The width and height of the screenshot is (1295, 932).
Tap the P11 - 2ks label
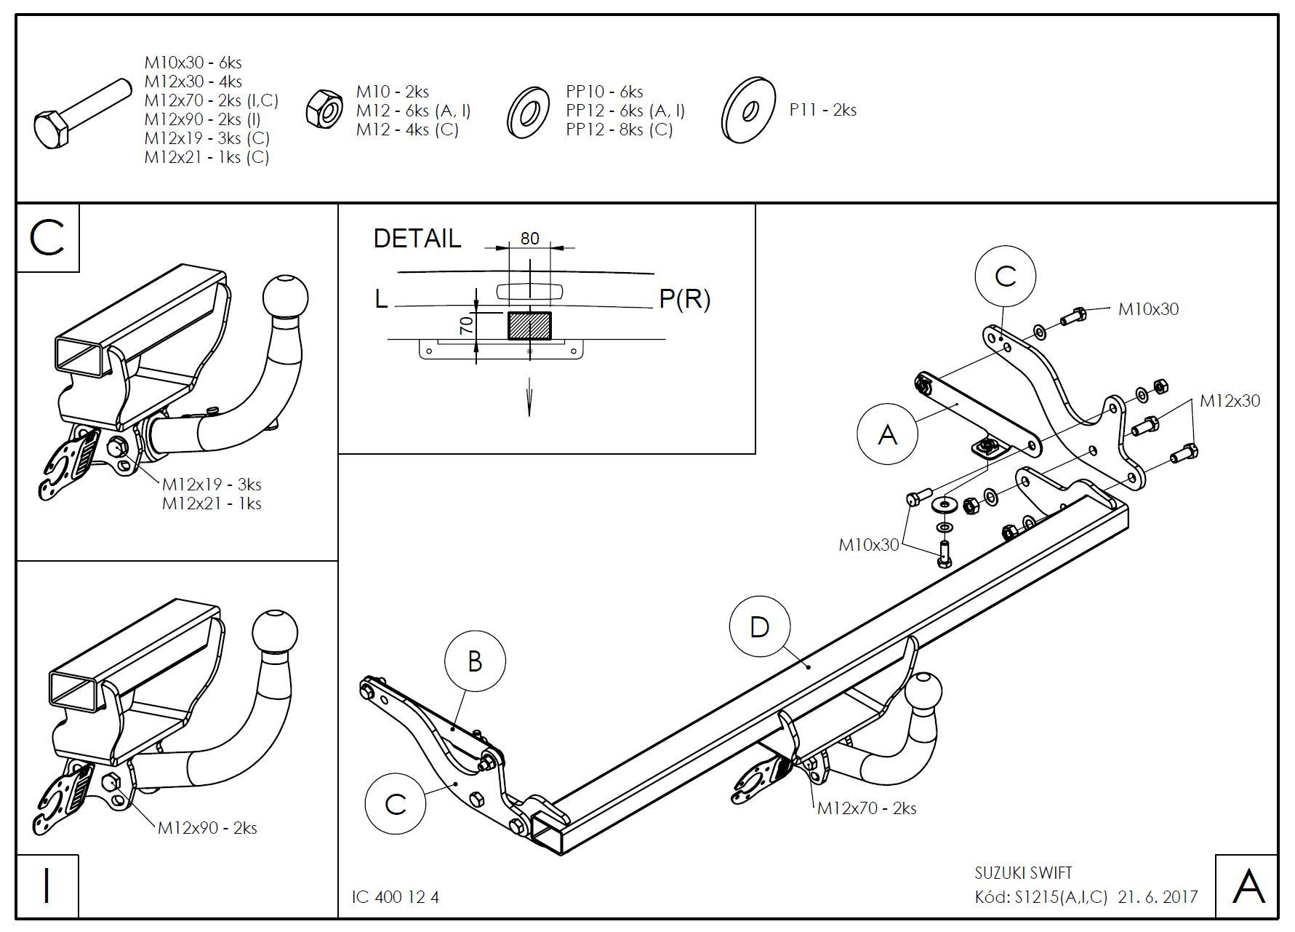click(x=823, y=110)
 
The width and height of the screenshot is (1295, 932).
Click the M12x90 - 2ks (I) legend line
click(x=202, y=119)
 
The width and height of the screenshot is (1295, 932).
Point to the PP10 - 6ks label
click(x=604, y=92)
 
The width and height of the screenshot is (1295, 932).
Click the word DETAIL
click(x=417, y=239)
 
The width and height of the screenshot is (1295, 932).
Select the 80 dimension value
click(x=530, y=238)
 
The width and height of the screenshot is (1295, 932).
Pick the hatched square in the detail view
click(x=529, y=325)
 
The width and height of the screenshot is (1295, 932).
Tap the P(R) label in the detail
click(x=684, y=299)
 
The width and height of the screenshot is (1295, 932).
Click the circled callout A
click(x=888, y=434)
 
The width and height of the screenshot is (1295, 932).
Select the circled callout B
click(x=475, y=661)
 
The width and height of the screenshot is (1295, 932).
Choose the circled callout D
click(x=759, y=626)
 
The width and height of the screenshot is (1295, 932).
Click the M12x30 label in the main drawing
click(x=1230, y=401)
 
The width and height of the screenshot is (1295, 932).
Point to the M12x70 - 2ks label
click(x=867, y=808)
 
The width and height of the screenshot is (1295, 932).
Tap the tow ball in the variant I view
click(x=275, y=630)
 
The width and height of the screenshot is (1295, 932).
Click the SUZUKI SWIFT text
click(x=1023, y=872)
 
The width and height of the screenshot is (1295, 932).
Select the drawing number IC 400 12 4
click(x=396, y=897)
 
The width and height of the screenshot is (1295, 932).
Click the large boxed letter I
click(x=47, y=886)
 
